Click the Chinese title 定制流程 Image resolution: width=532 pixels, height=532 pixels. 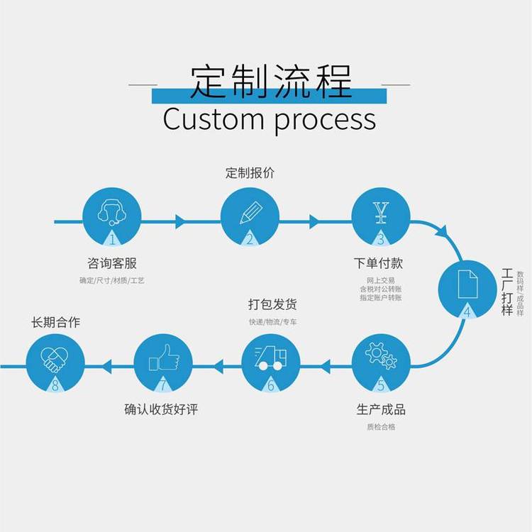pos(271,82)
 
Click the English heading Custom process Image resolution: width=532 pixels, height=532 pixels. pos(269,118)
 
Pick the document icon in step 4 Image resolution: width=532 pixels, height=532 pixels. pos(467,284)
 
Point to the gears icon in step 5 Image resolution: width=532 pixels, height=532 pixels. pos(381,355)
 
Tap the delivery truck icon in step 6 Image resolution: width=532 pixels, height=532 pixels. pos(270,358)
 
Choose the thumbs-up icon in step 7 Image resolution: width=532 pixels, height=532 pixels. pos(162,358)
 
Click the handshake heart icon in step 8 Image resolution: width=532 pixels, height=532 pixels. pos(54,358)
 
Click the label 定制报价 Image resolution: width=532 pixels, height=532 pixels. pos(250,172)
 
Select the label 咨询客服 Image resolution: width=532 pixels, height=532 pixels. pos(111,263)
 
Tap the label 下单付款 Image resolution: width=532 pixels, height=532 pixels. pos(379,263)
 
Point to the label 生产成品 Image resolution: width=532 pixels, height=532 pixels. pos(381,410)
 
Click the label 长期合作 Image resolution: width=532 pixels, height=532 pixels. pos(56,322)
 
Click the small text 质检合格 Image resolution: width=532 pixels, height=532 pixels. pos(381,427)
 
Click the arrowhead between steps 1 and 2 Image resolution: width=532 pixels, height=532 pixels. pos(180,221)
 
